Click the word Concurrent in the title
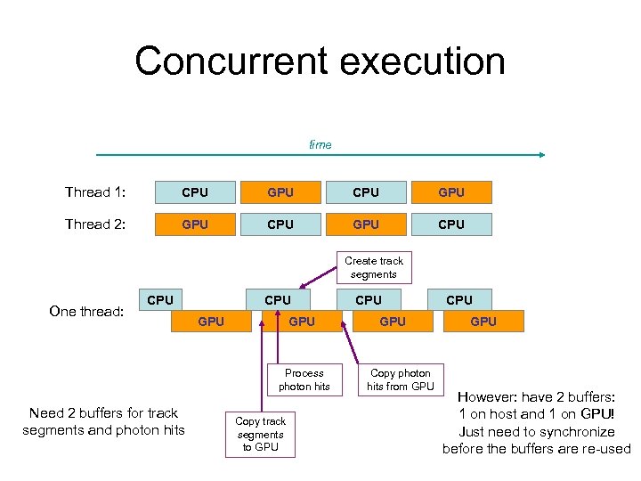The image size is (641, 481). [229, 61]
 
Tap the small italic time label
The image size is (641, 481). [320, 144]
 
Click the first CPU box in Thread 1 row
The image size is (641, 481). [195, 192]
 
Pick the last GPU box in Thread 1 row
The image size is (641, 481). [451, 192]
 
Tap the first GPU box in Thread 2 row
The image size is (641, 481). [195, 224]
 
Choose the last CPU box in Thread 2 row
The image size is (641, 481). [451, 224]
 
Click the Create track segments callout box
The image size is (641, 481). [374, 267]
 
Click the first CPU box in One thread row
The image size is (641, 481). [160, 300]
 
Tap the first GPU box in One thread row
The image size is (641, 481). [211, 322]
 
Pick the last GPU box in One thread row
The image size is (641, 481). [483, 322]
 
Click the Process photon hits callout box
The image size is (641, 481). [304, 379]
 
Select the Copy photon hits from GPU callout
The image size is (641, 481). [401, 379]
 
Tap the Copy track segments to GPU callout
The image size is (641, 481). [261, 434]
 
